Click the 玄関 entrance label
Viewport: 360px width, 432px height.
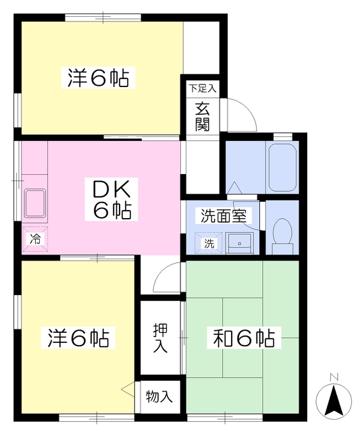tap(203, 116)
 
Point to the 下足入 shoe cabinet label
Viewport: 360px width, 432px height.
tap(202, 88)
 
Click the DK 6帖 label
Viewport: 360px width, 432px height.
tap(111, 198)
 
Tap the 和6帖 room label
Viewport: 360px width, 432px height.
tap(245, 337)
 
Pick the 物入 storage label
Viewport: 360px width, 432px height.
tap(159, 397)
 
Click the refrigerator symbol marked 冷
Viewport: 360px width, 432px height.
tap(34, 238)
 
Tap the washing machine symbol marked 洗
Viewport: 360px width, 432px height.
tap(209, 243)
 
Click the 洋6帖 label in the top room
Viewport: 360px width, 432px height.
tap(98, 78)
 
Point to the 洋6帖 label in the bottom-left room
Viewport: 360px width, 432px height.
tap(78, 337)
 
